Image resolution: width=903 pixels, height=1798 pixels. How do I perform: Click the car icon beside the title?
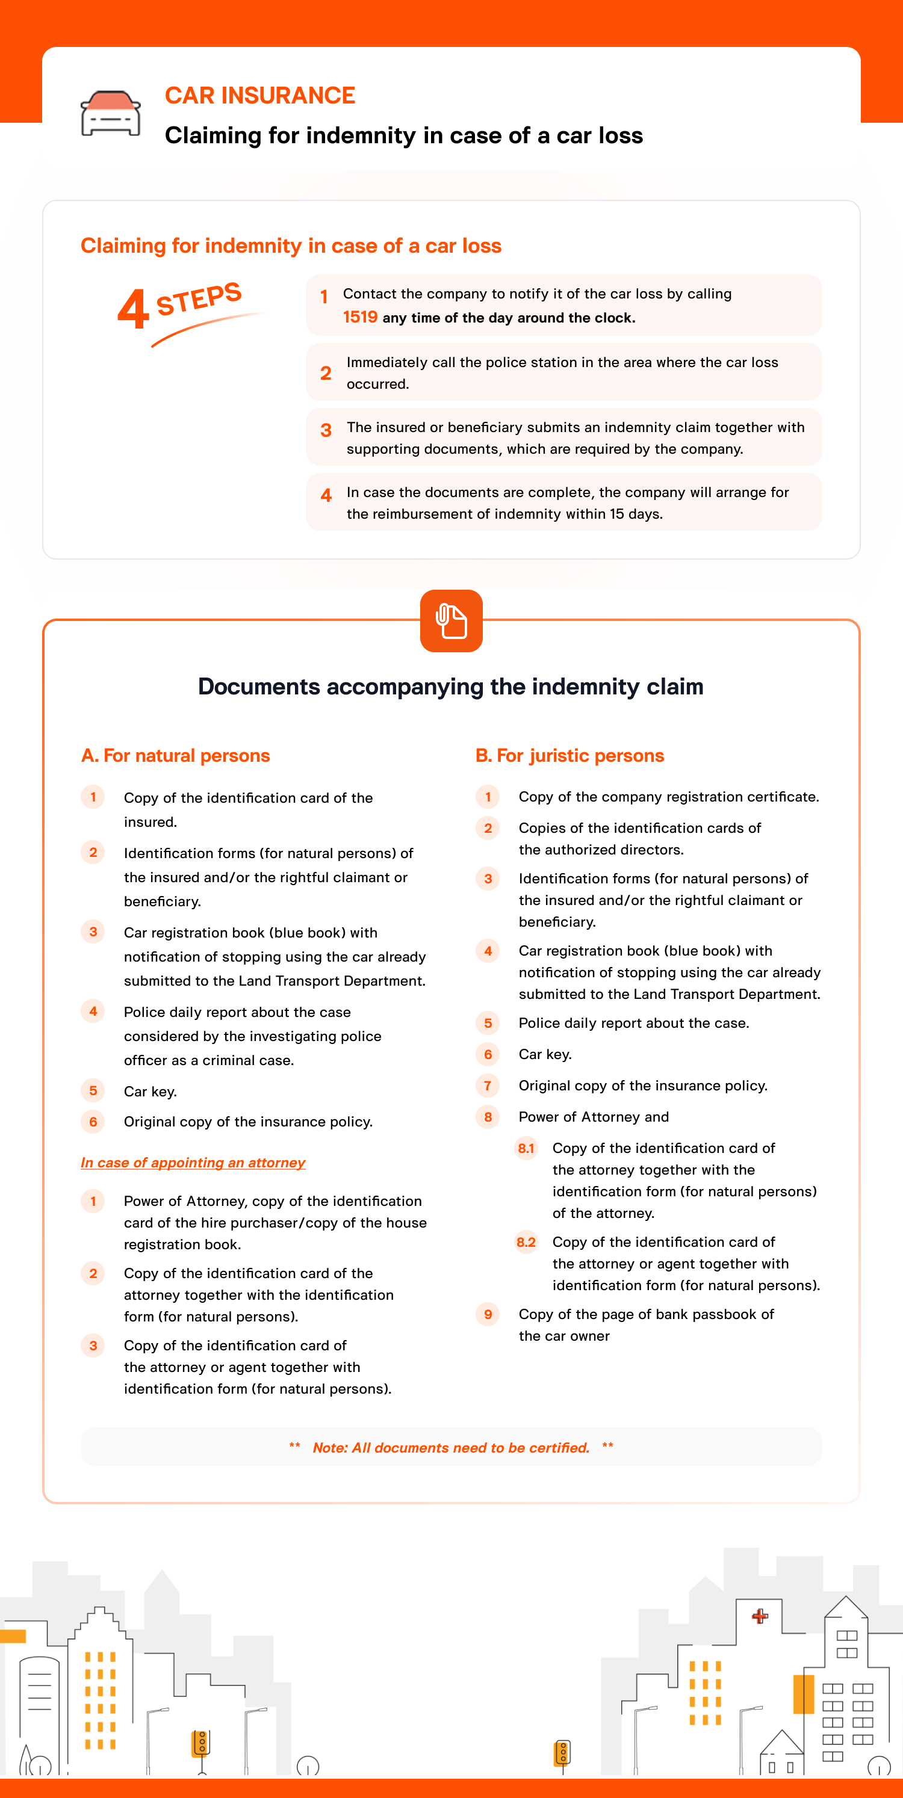pyautogui.click(x=110, y=113)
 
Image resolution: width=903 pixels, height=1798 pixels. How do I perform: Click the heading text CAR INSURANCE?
pyautogui.click(x=260, y=96)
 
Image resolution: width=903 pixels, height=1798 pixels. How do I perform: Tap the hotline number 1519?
pyautogui.click(x=359, y=317)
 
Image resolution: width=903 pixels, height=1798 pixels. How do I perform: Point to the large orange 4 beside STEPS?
pyautogui.click(x=132, y=309)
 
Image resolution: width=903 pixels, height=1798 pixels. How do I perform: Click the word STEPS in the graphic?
pyautogui.click(x=199, y=298)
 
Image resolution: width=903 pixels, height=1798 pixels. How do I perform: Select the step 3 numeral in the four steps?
pyautogui.click(x=326, y=431)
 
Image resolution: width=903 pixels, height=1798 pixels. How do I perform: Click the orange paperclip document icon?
pyautogui.click(x=451, y=620)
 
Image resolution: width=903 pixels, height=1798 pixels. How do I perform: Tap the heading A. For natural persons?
pyautogui.click(x=175, y=755)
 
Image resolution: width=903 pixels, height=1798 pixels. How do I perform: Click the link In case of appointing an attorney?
pyautogui.click(x=193, y=1162)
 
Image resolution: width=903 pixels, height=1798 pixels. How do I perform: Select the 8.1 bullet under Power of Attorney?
pyautogui.click(x=526, y=1148)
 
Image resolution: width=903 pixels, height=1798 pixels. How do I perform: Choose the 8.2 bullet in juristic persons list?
pyautogui.click(x=526, y=1242)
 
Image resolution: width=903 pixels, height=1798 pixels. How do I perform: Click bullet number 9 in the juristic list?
pyautogui.click(x=488, y=1314)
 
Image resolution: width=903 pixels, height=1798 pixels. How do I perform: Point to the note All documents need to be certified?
pyautogui.click(x=451, y=1448)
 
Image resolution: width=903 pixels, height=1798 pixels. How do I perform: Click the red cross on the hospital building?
pyautogui.click(x=760, y=1616)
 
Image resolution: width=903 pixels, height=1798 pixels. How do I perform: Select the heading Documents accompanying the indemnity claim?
pyautogui.click(x=450, y=686)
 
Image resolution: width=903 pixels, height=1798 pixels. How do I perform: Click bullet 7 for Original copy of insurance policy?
pyautogui.click(x=488, y=1086)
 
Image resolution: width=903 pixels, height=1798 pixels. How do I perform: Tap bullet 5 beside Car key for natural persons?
pyautogui.click(x=93, y=1091)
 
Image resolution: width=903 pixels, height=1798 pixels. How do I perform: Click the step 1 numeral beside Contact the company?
pyautogui.click(x=324, y=297)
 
